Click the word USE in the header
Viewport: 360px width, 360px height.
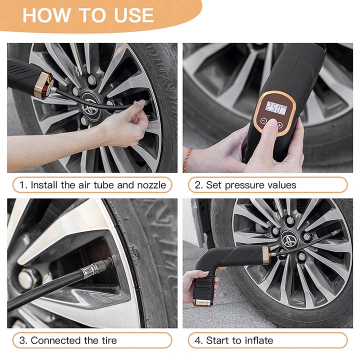click(134, 15)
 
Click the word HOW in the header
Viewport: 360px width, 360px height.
click(46, 15)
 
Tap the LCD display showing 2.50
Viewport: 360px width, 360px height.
click(276, 108)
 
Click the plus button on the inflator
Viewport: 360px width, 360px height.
click(279, 125)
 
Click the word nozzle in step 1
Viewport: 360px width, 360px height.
click(151, 185)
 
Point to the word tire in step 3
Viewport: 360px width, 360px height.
click(109, 340)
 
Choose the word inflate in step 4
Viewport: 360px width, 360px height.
click(259, 340)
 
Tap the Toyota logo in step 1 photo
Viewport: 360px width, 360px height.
click(90, 107)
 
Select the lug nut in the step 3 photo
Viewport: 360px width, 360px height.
click(26, 278)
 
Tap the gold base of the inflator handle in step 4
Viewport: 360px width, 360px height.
click(202, 303)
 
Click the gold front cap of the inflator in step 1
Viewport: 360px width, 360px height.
click(43, 85)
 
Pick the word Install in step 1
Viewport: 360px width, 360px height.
click(44, 185)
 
